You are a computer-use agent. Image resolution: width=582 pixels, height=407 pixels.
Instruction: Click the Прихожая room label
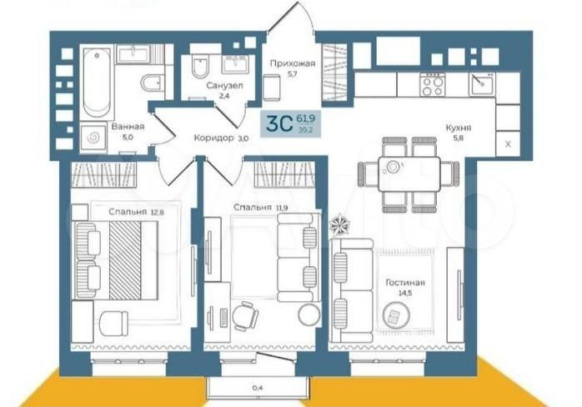[x=293, y=63]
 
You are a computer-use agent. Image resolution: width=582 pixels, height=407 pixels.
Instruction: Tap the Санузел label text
[x=224, y=86]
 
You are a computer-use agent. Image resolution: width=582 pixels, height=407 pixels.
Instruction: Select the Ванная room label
[x=128, y=127]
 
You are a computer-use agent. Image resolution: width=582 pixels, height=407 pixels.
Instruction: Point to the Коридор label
[x=213, y=138]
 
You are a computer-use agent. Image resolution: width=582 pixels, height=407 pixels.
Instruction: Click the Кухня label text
[x=459, y=128]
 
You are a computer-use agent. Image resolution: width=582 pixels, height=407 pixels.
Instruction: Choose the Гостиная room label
[x=405, y=283]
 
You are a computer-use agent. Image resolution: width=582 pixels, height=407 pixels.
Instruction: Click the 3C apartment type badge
[x=280, y=124]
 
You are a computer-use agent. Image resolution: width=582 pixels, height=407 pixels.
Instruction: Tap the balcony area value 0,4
[x=258, y=388]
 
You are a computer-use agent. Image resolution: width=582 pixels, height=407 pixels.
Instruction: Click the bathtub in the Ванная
[x=97, y=82]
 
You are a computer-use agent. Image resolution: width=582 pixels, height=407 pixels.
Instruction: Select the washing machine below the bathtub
[x=93, y=138]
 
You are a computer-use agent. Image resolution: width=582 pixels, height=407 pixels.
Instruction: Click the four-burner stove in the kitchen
[x=433, y=85]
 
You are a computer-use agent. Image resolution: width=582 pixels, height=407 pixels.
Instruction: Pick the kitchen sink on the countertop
[x=482, y=85]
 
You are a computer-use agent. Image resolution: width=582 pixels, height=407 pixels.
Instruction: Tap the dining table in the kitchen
[x=409, y=174]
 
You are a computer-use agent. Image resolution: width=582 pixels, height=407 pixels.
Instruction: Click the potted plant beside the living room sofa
[x=339, y=224]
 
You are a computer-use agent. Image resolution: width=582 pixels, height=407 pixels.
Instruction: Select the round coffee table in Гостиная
[x=396, y=315]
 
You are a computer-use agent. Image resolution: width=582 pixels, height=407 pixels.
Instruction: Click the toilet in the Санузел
[x=200, y=67]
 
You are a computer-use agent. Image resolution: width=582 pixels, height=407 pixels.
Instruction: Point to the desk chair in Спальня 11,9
[x=245, y=316]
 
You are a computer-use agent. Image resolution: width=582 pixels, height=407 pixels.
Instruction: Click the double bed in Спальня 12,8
[x=117, y=260]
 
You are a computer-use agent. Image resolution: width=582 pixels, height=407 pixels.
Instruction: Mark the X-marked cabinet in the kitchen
[x=508, y=143]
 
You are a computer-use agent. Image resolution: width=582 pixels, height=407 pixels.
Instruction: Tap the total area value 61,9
[x=306, y=118]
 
